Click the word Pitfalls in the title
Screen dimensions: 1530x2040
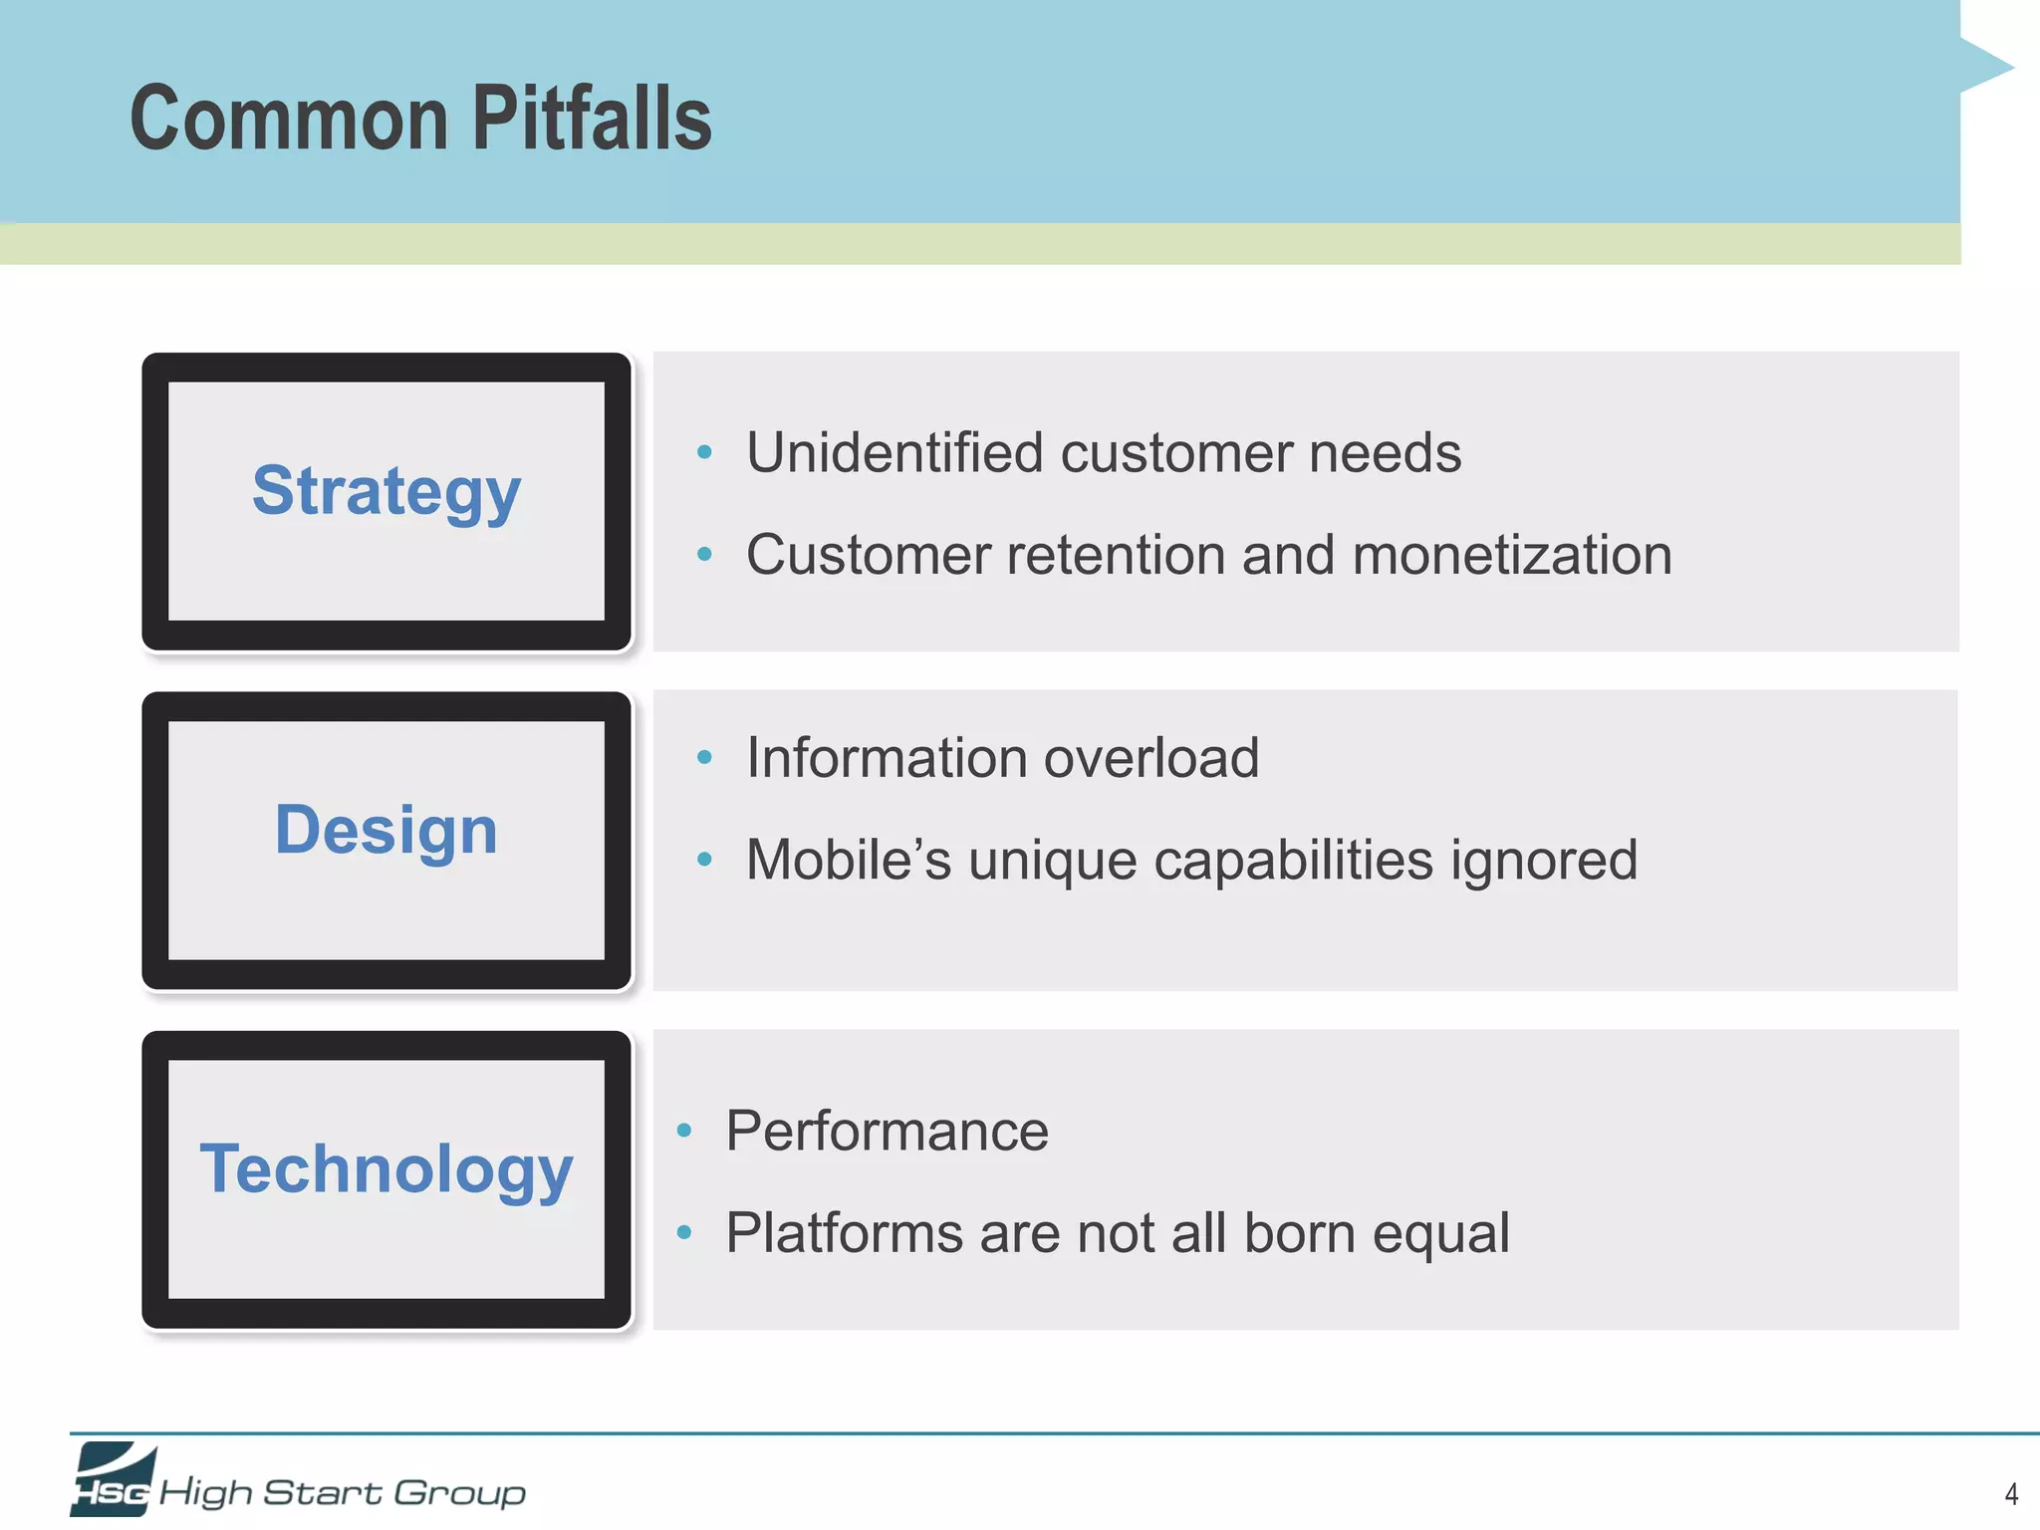pyautogui.click(x=592, y=119)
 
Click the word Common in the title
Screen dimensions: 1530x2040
pyautogui.click(x=290, y=119)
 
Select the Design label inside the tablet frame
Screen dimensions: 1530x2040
pyautogui.click(x=386, y=830)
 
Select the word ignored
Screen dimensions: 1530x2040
pyautogui.click(x=1544, y=860)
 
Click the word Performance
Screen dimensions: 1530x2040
pyautogui.click(x=887, y=1131)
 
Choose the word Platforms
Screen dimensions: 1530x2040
pyautogui.click(x=844, y=1233)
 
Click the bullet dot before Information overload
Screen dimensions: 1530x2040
pyautogui.click(x=704, y=758)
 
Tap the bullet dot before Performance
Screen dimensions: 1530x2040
pyautogui.click(x=683, y=1131)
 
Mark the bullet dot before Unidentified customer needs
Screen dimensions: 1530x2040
pyautogui.click(x=704, y=453)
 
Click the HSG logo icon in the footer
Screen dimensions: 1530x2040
pyautogui.click(x=113, y=1479)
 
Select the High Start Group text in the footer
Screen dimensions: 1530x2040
pyautogui.click(x=343, y=1492)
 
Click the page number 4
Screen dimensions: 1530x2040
pyautogui.click(x=2011, y=1494)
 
